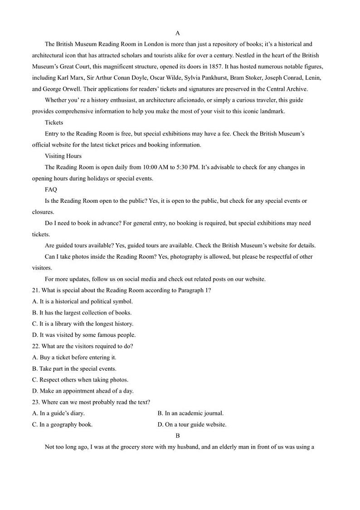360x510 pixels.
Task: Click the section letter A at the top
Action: pos(177,33)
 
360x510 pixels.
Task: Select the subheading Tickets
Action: pos(54,123)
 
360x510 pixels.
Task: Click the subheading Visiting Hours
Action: pos(63,156)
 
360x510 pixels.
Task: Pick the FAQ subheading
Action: pos(51,190)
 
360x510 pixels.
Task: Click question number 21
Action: pos(36,290)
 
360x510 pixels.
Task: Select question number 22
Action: pos(36,346)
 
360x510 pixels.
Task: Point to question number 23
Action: pos(36,402)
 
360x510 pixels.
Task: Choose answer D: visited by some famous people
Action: pos(84,335)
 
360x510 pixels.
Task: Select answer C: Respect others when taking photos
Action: pos(80,380)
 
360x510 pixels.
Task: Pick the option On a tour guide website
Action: pos(192,425)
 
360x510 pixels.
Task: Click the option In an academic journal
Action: pos(190,413)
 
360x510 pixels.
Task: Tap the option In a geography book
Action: pos(63,425)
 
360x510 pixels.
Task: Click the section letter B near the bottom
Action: pos(177,436)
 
